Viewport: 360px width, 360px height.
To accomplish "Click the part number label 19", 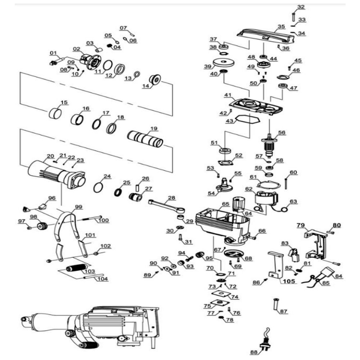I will pos(154,129).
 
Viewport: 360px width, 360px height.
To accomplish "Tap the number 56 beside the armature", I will pos(281,132).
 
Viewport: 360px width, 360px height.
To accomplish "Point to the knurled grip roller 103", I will pos(76,269).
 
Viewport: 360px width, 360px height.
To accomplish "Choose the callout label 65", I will pos(225,204).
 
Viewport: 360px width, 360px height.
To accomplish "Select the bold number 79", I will pos(301,225).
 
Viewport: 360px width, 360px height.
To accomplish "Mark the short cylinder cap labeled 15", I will pos(55,114).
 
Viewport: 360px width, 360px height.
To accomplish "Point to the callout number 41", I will pos(228,95).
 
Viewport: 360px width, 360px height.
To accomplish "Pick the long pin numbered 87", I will pos(276,304).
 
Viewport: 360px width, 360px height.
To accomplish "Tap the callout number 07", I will pos(123,28).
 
